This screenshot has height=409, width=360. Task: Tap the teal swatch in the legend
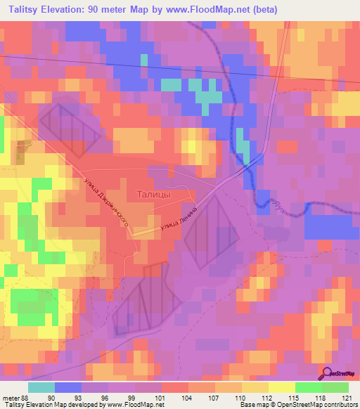pyautogui.click(x=41, y=388)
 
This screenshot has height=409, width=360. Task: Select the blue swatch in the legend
pyautogui.click(x=68, y=388)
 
